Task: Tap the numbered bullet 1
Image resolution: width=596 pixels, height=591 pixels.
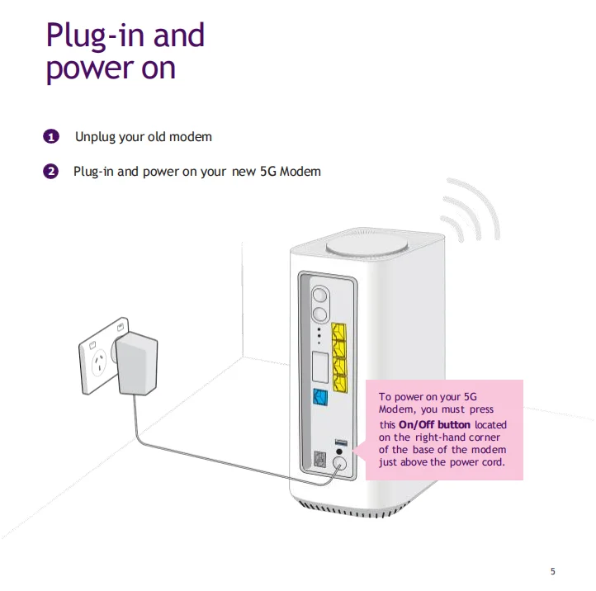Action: click(x=51, y=136)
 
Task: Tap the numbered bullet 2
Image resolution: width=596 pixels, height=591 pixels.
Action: click(x=51, y=172)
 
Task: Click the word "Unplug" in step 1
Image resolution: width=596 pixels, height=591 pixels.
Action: click(x=97, y=136)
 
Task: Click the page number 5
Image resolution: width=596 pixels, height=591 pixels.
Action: click(x=552, y=571)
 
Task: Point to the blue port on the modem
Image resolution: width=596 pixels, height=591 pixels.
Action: click(x=320, y=397)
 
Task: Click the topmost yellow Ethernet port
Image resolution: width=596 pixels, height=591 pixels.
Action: click(x=338, y=332)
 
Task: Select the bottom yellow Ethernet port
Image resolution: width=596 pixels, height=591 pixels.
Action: click(x=338, y=382)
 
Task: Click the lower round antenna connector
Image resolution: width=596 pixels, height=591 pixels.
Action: click(x=319, y=313)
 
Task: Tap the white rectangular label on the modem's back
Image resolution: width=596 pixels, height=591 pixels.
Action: click(x=320, y=364)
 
